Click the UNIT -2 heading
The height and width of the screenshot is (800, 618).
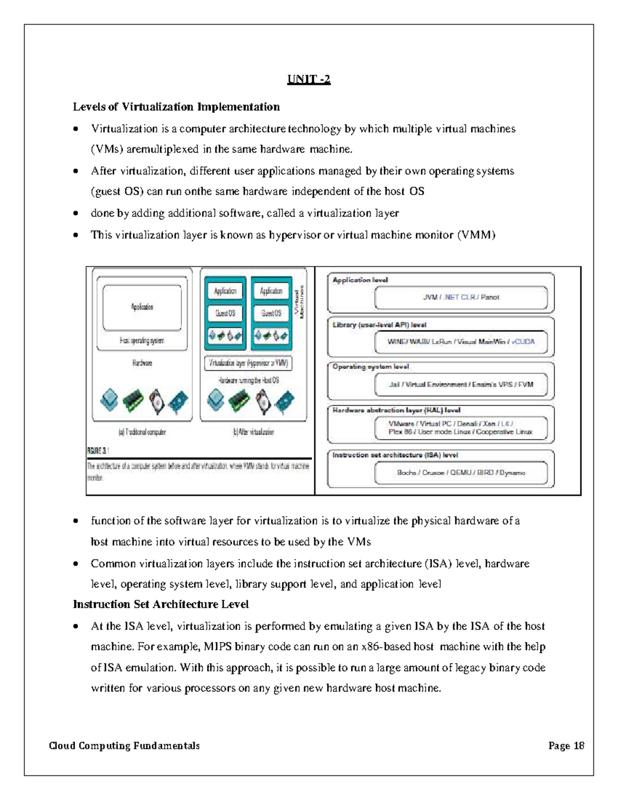click(308, 80)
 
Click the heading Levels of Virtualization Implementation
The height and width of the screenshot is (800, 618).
click(176, 107)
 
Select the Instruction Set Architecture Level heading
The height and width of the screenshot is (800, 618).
click(161, 604)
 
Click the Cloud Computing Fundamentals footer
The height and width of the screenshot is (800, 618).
click(124, 745)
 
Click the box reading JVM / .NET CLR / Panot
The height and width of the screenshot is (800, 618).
click(460, 297)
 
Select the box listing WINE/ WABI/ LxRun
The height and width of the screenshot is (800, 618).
click(460, 342)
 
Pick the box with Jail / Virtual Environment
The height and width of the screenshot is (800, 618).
click(460, 384)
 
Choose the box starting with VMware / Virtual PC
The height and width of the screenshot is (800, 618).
click(460, 428)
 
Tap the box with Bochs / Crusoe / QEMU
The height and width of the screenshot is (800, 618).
click(460, 472)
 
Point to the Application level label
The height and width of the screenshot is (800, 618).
click(360, 280)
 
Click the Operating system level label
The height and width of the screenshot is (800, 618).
click(371, 367)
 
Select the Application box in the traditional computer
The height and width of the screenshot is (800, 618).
click(142, 307)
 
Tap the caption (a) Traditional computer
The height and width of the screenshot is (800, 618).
click(142, 432)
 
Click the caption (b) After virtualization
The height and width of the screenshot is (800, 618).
click(253, 432)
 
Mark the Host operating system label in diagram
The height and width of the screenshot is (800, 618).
click(142, 341)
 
